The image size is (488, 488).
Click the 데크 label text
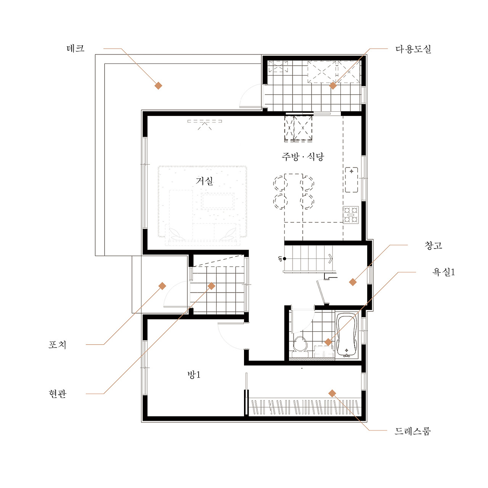click(x=75, y=48)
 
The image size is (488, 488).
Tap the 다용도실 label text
click(x=413, y=49)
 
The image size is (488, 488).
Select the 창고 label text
click(x=433, y=245)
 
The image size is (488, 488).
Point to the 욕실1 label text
click(x=443, y=272)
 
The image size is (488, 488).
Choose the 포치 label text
click(x=57, y=345)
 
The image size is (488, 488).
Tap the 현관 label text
click(x=58, y=394)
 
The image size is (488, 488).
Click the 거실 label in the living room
click(x=204, y=181)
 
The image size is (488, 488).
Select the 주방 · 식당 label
click(x=303, y=157)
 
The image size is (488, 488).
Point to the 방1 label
click(x=194, y=374)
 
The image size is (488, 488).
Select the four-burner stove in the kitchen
click(x=351, y=215)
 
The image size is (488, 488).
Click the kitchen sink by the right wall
click(x=352, y=180)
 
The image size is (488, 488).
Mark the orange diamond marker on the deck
click(x=158, y=86)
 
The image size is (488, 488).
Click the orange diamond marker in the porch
click(x=162, y=286)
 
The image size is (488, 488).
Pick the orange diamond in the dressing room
click(x=332, y=393)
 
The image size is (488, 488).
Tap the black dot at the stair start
click(x=285, y=258)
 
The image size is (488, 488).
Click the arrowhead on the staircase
click(x=331, y=258)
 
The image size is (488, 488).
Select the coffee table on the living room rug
click(x=218, y=201)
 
